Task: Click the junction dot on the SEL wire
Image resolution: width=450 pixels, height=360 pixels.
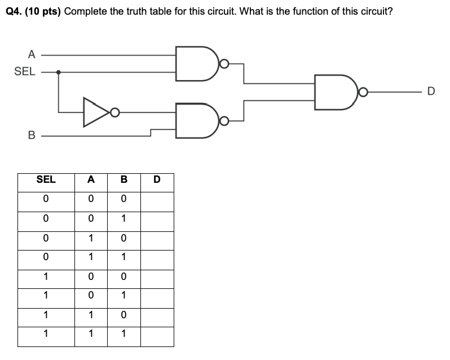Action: tap(59, 72)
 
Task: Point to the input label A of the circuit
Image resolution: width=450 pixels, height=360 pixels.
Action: tap(32, 55)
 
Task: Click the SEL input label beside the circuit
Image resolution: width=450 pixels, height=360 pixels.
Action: tap(25, 72)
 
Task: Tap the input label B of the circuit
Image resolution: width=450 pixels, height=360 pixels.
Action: tap(32, 135)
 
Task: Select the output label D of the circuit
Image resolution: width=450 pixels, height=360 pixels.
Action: tap(431, 91)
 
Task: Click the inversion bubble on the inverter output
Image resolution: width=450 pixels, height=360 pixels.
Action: tap(115, 112)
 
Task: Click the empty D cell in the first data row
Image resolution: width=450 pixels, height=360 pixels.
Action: tap(157, 200)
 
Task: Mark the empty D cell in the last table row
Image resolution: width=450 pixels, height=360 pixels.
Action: tap(157, 335)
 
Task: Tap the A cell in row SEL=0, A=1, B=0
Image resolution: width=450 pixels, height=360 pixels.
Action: tap(91, 239)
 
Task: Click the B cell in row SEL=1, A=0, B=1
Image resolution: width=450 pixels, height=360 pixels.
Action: tap(123, 296)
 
